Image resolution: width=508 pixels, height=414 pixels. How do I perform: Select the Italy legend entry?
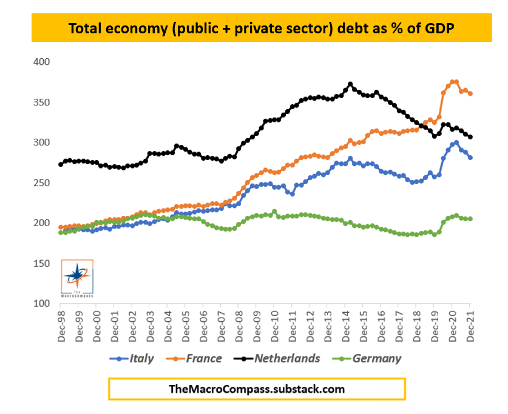(x=135, y=358)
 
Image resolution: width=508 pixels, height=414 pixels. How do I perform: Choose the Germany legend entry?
(x=369, y=358)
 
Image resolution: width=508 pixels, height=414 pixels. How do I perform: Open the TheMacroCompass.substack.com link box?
(x=257, y=389)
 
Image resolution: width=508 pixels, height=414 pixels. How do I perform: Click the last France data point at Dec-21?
(x=470, y=93)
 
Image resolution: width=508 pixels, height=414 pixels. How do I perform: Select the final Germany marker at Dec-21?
(x=470, y=219)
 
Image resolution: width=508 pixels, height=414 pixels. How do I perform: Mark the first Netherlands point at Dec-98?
(x=61, y=164)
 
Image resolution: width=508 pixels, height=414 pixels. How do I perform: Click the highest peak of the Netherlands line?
(x=350, y=84)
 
